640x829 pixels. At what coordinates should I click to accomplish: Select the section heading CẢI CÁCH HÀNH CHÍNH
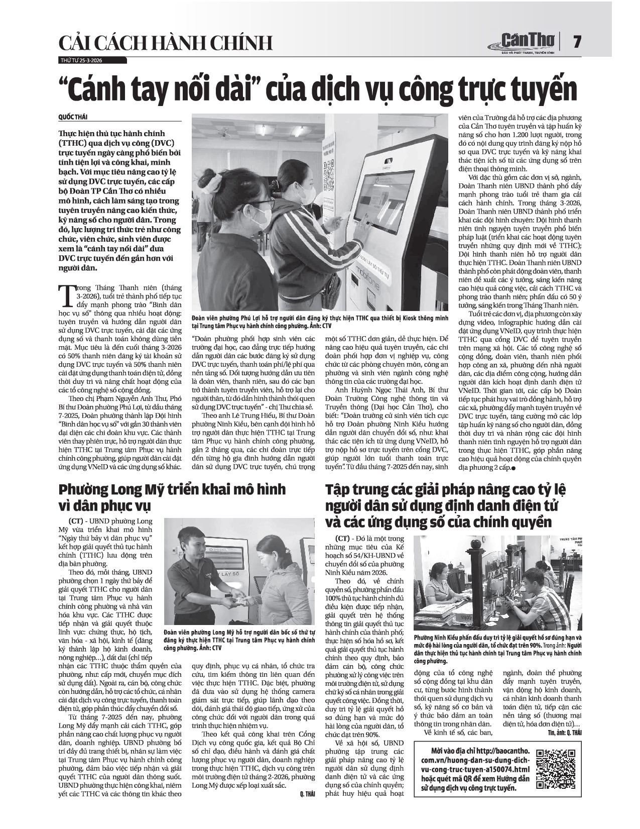click(x=166, y=44)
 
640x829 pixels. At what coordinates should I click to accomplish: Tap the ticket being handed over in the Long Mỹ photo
click(x=242, y=599)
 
